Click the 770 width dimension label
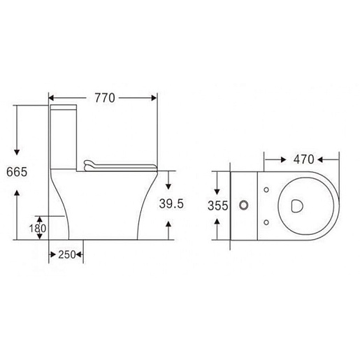pyautogui.click(x=105, y=98)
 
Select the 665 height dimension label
pyautogui.click(x=17, y=172)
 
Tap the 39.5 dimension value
pyautogui.click(x=171, y=203)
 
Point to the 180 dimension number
pyautogui.click(x=38, y=229)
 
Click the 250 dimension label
pyautogui.click(x=67, y=254)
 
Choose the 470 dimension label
pyautogui.click(x=303, y=159)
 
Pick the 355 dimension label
pyautogui.click(x=217, y=206)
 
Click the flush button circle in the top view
pyautogui.click(x=244, y=206)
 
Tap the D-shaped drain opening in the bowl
pyautogui.click(x=297, y=206)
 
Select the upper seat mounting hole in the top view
pyautogui.click(x=266, y=190)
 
